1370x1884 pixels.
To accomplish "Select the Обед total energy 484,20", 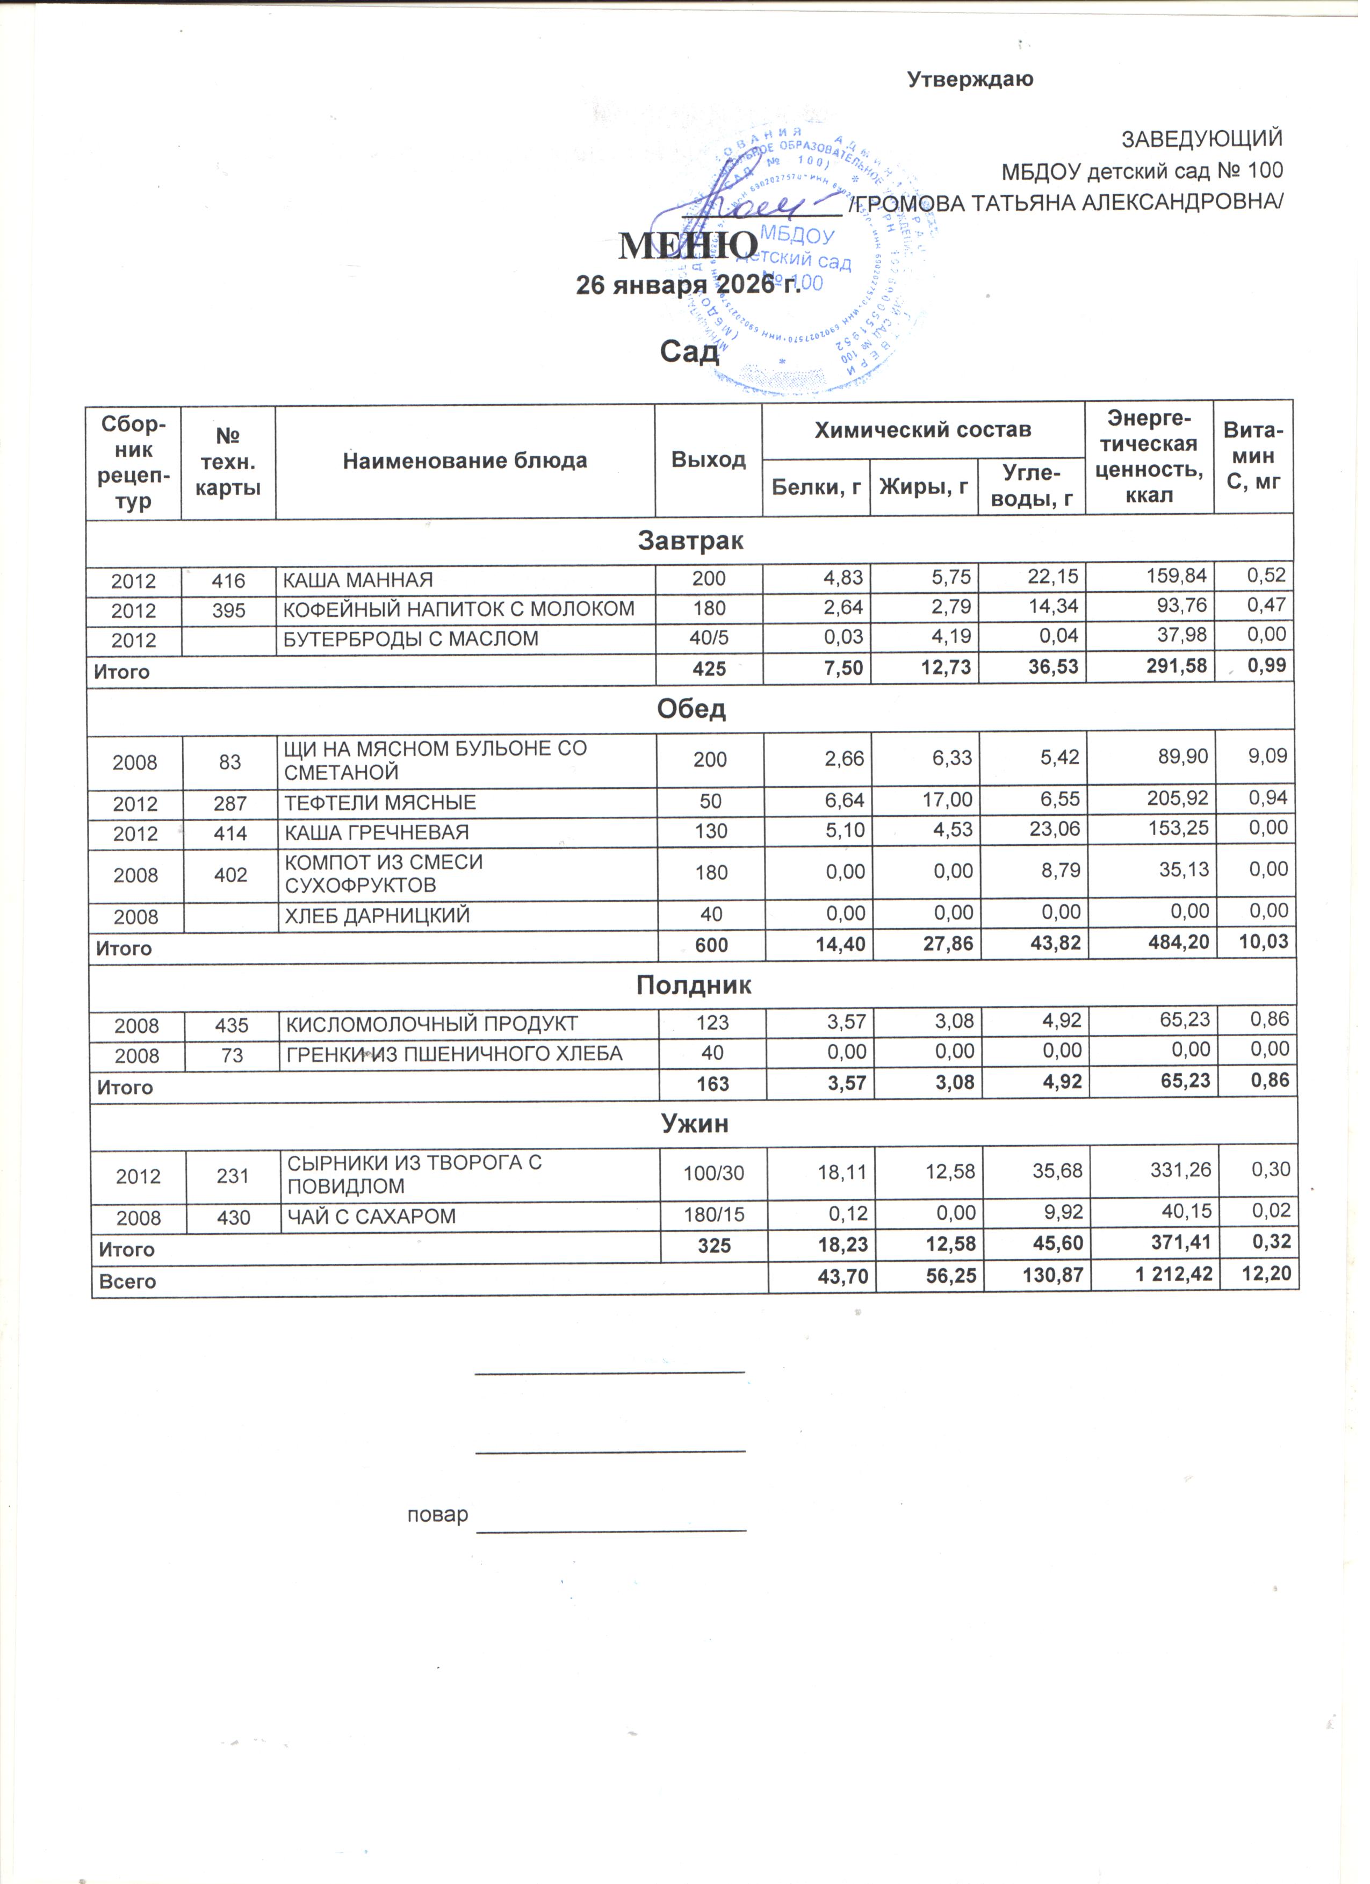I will click(1180, 948).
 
